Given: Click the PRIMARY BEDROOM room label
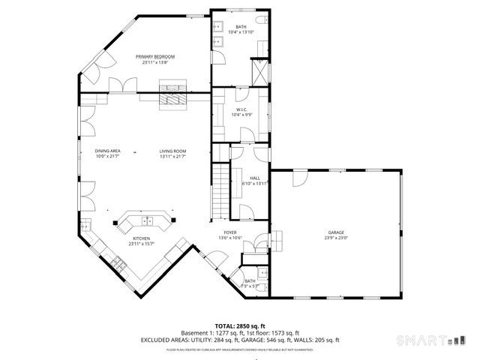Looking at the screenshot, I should tap(155, 57).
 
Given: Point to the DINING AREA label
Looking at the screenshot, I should tap(107, 151).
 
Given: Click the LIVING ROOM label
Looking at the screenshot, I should tap(172, 151).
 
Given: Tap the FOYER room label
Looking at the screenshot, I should tap(230, 233).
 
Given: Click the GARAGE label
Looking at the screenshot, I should tap(335, 232).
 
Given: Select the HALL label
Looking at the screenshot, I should tap(244, 178).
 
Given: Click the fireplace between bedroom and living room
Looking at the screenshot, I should tap(169, 101).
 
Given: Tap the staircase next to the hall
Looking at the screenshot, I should tap(218, 187).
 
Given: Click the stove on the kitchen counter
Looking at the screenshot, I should tap(118, 262).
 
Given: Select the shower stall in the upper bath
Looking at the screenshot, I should tap(259, 71).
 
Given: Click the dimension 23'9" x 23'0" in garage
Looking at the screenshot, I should tap(335, 238).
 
